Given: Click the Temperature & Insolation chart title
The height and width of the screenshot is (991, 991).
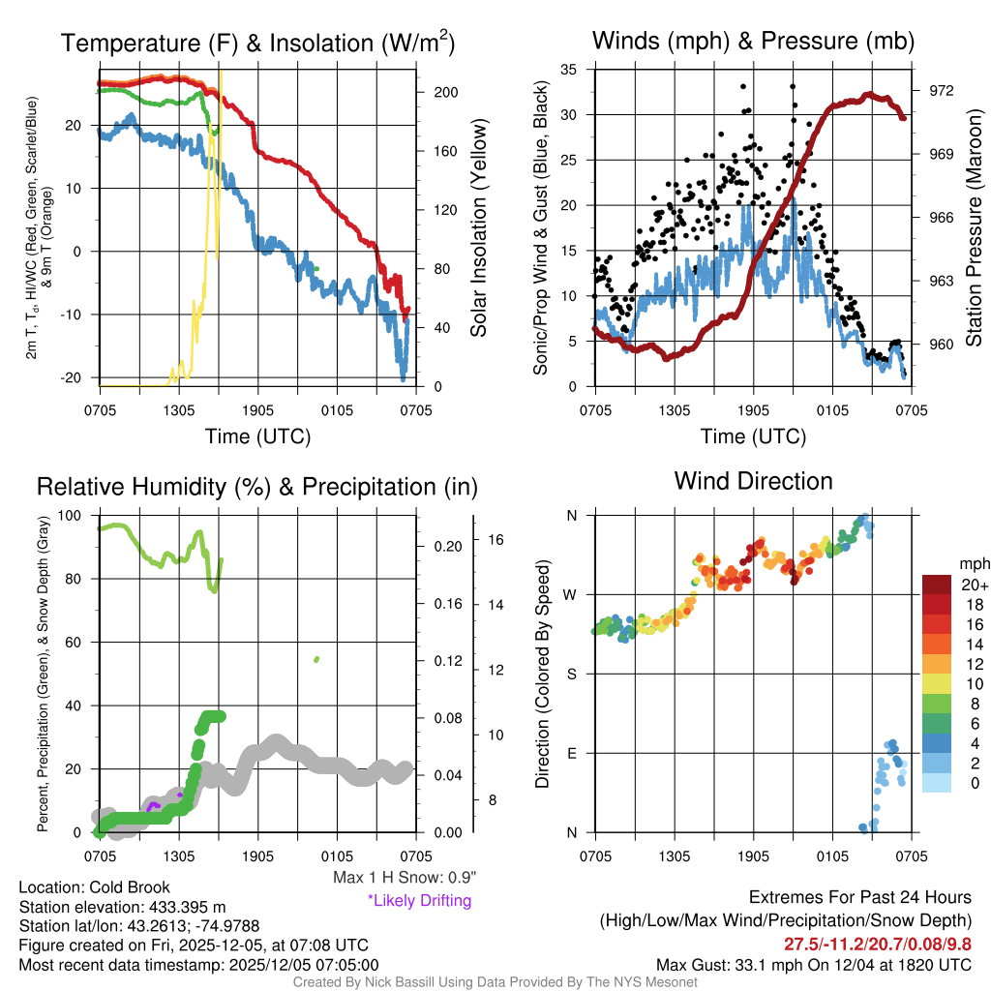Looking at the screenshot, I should (257, 43).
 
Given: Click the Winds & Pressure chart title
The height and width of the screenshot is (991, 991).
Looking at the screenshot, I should (753, 41).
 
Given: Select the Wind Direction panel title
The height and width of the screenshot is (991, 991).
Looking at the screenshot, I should (753, 481).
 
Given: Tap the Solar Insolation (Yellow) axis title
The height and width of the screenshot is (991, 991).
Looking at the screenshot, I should (478, 228).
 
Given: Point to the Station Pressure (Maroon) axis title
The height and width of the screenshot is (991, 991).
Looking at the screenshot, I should (974, 228).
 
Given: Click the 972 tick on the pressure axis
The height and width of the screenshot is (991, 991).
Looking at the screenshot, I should (942, 90).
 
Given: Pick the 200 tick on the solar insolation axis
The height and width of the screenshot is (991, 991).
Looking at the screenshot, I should (446, 92).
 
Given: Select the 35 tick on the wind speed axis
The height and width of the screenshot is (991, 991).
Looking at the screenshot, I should (569, 70).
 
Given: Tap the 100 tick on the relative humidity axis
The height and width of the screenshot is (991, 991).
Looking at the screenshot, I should (72, 516).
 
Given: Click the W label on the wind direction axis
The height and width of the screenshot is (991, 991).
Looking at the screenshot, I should (571, 595).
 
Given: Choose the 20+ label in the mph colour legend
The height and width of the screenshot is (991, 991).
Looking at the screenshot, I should (974, 585).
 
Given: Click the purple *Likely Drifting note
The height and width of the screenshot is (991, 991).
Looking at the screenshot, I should (419, 901).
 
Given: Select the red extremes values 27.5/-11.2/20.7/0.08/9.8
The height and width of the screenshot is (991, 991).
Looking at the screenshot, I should (878, 944).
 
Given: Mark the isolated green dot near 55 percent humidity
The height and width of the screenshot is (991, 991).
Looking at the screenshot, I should (316, 659).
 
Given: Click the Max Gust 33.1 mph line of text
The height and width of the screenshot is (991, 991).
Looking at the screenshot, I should (814, 964).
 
